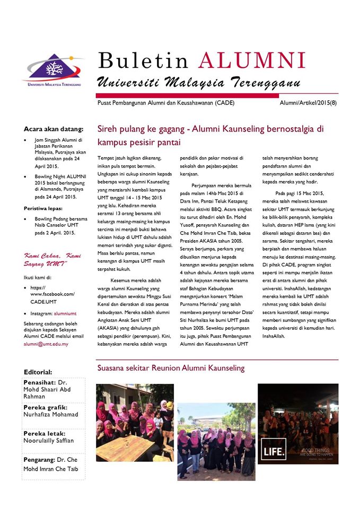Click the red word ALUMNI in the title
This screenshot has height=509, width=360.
(x=252, y=61)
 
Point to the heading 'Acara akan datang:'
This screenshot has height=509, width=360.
(x=54, y=129)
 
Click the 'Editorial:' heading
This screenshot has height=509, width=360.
(x=38, y=372)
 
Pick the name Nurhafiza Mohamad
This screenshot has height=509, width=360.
(x=51, y=414)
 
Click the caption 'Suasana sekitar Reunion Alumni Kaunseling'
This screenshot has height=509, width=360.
(x=170, y=368)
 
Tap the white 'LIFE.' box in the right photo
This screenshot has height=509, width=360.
(x=273, y=452)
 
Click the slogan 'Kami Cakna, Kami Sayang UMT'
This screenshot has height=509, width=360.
(x=52, y=259)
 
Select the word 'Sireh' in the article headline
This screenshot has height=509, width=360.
(x=108, y=129)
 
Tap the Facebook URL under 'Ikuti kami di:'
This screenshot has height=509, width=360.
(x=52, y=294)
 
